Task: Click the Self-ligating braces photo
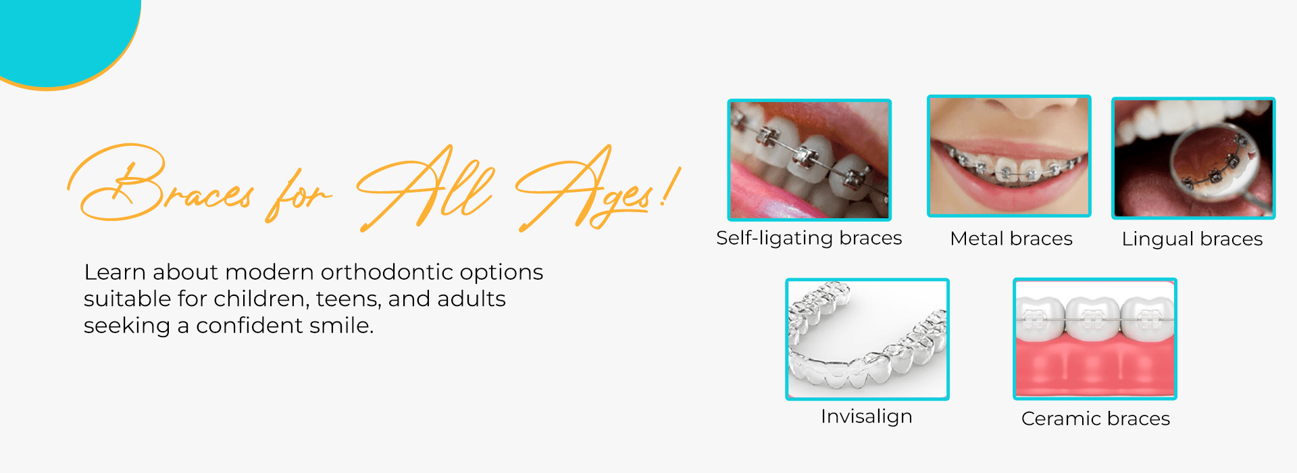click(809, 160)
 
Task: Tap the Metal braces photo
click(1009, 156)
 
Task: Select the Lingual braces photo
click(1194, 158)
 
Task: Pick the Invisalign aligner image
click(867, 339)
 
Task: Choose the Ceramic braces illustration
click(1095, 339)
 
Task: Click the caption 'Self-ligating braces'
click(809, 239)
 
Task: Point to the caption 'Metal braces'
click(1011, 239)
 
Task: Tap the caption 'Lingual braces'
click(1192, 239)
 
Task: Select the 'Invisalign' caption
click(867, 417)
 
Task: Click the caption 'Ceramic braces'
click(1096, 419)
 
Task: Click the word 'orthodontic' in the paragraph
click(387, 272)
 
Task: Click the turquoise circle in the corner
click(64, 34)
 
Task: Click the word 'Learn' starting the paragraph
click(114, 272)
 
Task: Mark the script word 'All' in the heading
click(426, 188)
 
